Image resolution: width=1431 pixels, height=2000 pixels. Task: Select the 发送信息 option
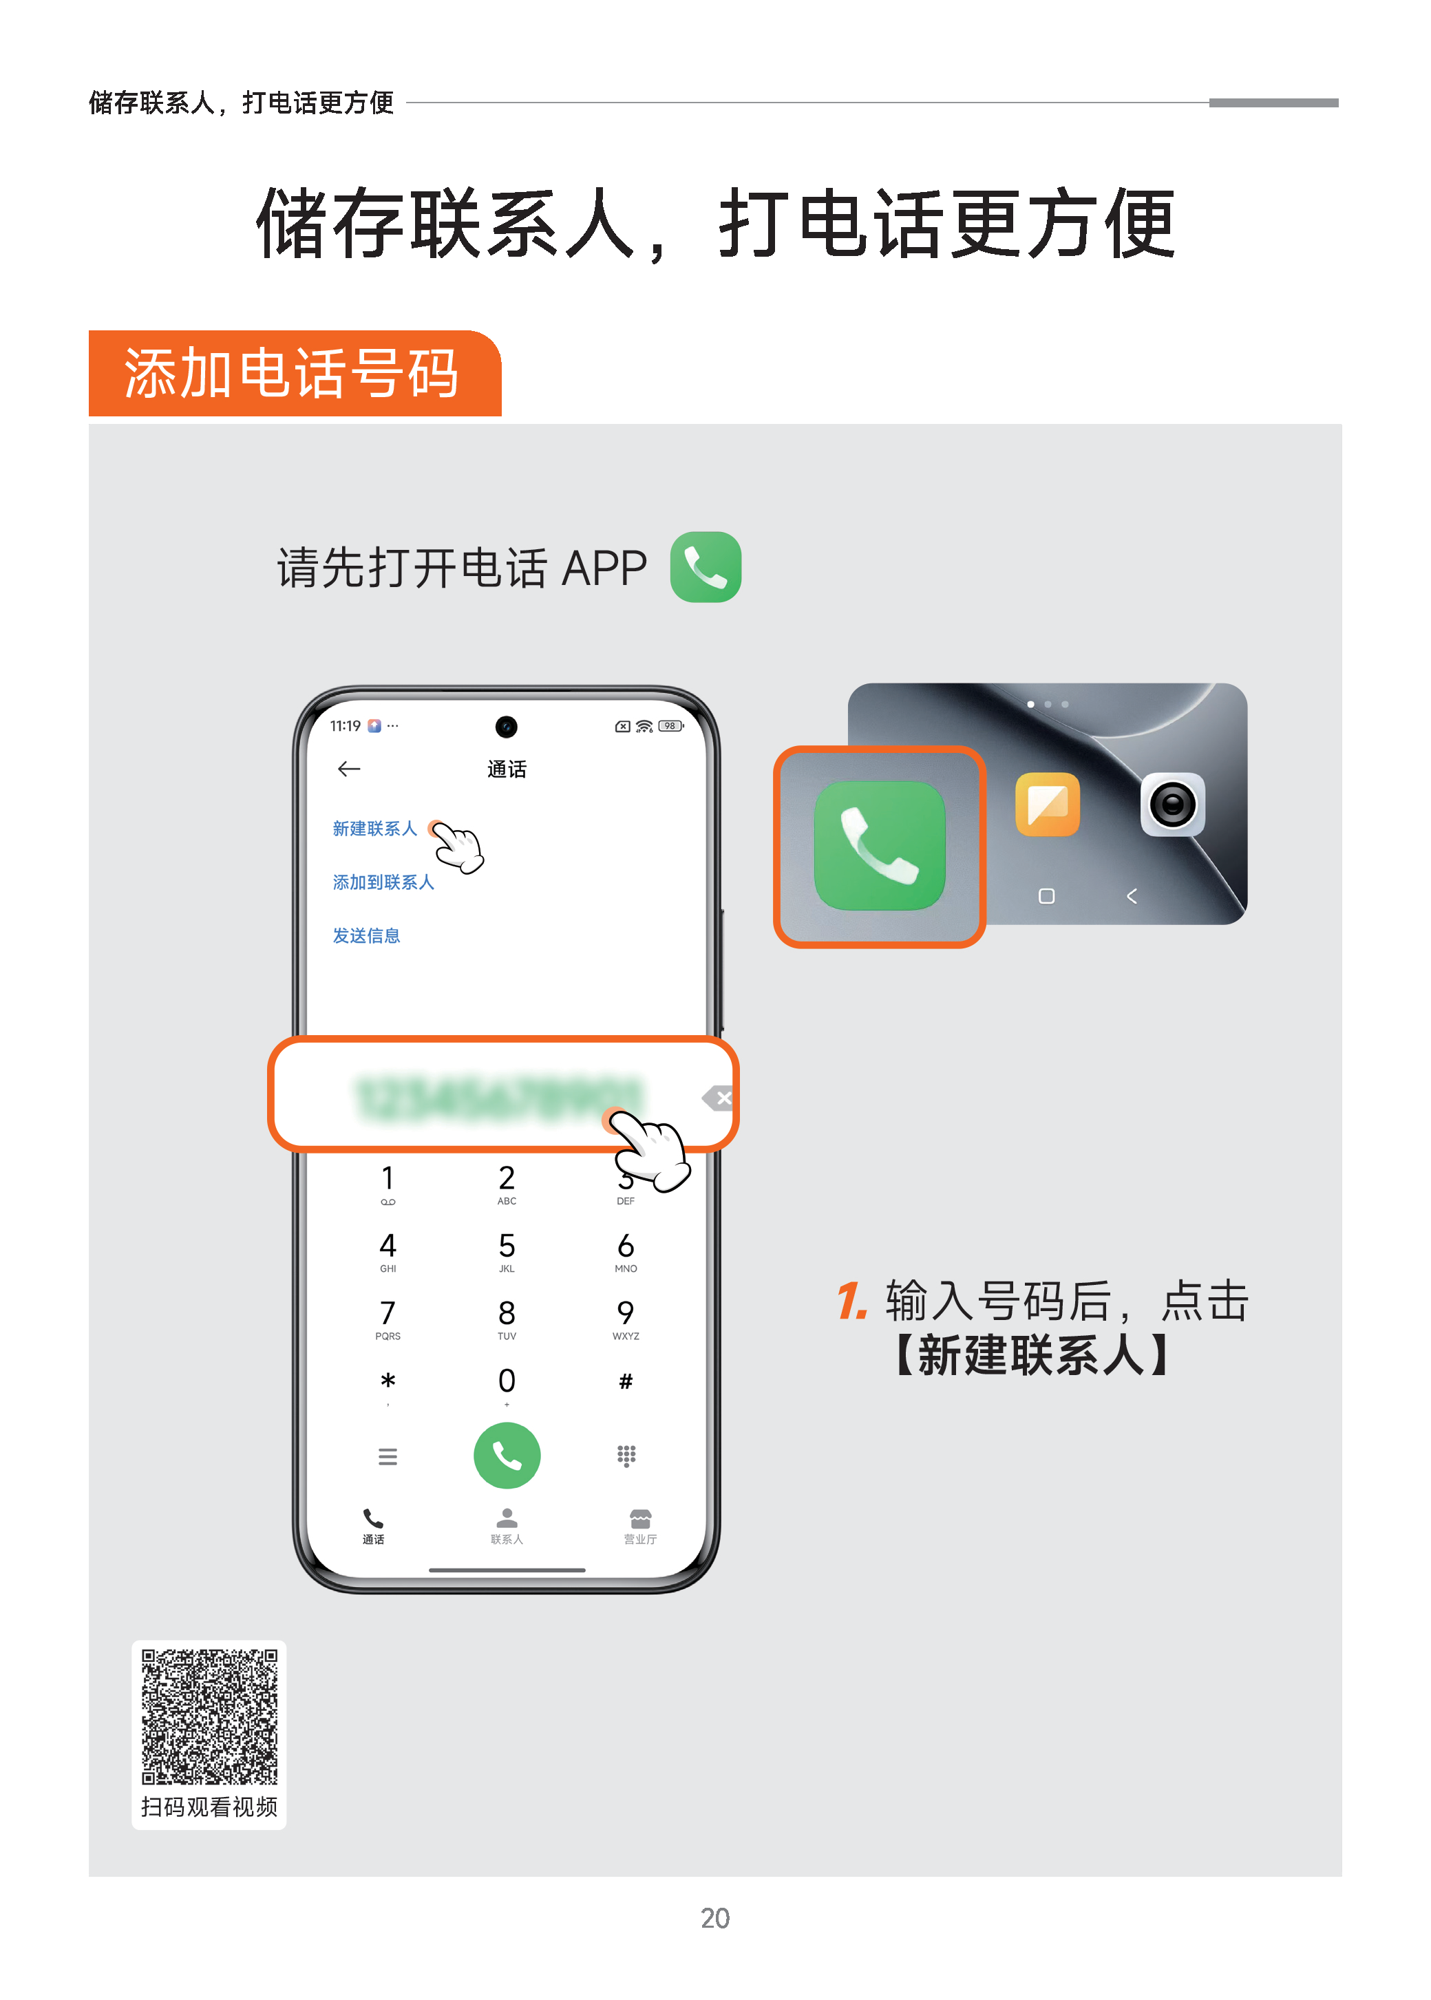367,937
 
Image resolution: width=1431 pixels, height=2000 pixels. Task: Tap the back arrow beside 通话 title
349,769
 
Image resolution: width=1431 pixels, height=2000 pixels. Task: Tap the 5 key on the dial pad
507,1251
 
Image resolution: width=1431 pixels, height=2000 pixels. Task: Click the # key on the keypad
626,1381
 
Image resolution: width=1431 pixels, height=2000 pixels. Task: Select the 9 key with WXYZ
626,1318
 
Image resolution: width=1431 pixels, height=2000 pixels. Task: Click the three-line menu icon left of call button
388,1456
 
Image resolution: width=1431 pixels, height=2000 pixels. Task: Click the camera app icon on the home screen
1173,805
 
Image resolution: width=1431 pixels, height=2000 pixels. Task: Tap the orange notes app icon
1048,805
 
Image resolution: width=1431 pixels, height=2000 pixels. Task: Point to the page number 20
714,1918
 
